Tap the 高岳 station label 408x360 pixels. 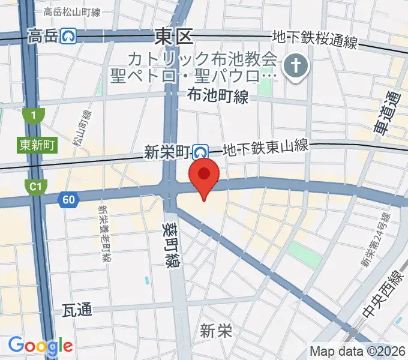tap(43, 37)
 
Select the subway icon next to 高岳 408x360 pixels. tap(68, 37)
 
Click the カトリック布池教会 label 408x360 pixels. tap(202, 59)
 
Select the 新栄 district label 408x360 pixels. tap(216, 331)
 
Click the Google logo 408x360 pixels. tap(40, 345)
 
